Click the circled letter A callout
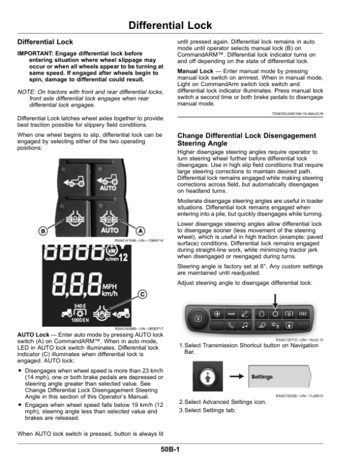pos(141,230)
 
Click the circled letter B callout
pos(43,230)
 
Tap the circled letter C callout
pos(143,294)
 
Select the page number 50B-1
pos(180,450)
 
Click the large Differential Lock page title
pos(180,25)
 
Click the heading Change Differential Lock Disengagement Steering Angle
pos(247,140)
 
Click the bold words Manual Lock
pos(193,70)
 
